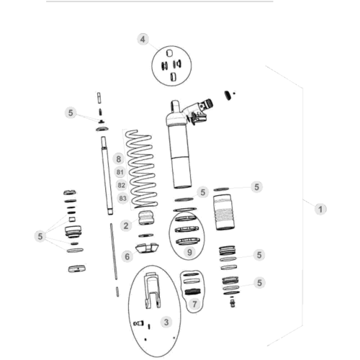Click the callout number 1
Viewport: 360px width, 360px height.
(x=320, y=210)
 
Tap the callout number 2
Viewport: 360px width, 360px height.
(x=126, y=225)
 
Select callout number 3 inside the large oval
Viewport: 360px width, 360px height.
(x=166, y=322)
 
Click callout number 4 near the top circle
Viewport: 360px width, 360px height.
(x=143, y=39)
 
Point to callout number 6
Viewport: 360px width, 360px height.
(x=127, y=256)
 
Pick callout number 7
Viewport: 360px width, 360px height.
(x=194, y=305)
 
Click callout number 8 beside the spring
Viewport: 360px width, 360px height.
(x=119, y=159)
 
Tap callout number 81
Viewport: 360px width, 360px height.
(x=120, y=172)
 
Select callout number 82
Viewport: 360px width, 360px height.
(x=122, y=185)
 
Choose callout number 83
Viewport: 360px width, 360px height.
(x=122, y=198)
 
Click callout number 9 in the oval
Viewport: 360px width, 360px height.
(x=189, y=252)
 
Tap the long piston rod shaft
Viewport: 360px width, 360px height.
(x=107, y=175)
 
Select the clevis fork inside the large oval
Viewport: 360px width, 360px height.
(x=152, y=291)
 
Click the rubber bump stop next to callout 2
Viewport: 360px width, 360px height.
(x=146, y=218)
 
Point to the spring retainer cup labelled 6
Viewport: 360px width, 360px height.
(x=147, y=248)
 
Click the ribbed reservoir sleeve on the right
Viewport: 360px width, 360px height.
(x=224, y=212)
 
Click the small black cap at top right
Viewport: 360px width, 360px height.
(x=228, y=95)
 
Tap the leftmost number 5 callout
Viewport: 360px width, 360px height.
(x=40, y=236)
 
